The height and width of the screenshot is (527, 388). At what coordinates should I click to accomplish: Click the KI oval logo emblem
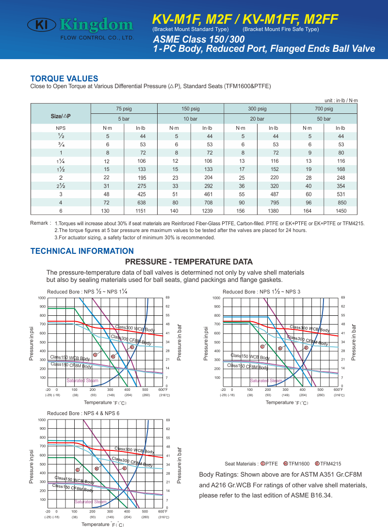point(42,25)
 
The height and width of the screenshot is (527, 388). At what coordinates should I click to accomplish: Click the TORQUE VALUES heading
point(65,78)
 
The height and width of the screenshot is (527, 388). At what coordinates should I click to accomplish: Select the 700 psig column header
point(323,108)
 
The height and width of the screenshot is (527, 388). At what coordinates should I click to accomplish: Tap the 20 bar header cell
point(257,119)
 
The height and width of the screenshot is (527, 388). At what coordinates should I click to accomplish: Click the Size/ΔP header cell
point(61,116)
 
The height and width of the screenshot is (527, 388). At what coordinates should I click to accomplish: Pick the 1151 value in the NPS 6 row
point(141,211)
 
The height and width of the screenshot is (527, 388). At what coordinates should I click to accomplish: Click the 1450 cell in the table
point(341,211)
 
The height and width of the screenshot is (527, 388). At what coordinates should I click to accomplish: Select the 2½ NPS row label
point(61,186)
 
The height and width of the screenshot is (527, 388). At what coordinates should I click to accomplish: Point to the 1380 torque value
point(273,211)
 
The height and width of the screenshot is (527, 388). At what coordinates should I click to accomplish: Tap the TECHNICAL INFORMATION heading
point(82,251)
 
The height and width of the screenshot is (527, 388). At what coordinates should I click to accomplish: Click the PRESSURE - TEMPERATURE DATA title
point(189,262)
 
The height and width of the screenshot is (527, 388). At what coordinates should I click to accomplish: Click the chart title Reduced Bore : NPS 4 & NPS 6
point(83,413)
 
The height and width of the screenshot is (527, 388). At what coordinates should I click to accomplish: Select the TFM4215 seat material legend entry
point(328,464)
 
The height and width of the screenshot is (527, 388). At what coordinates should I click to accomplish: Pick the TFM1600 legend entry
point(296,464)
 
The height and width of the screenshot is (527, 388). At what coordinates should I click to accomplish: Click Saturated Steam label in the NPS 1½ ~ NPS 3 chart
point(266,380)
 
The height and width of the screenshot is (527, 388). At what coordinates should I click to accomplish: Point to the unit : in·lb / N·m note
point(341,100)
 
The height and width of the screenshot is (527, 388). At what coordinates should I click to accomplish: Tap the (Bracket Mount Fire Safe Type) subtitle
point(281,29)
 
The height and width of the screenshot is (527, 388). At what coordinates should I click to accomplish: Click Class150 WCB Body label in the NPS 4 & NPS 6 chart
point(74,480)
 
